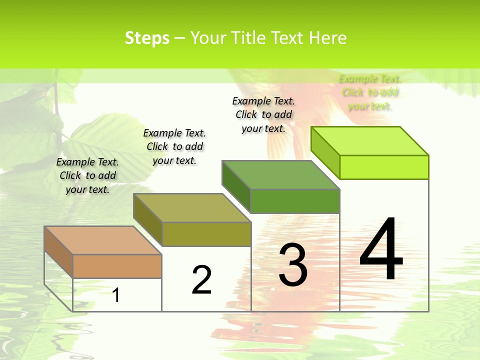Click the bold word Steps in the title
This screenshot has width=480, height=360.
147,38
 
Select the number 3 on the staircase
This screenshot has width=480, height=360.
293,265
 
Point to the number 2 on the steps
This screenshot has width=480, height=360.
201,280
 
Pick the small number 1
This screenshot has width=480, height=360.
116,295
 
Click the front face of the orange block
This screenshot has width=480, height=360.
117,266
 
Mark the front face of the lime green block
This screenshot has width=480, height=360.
384,167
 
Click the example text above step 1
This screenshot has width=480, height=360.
87,175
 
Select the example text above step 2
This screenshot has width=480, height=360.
174,146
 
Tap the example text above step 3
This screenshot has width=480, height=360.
263,114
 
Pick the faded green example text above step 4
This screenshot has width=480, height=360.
370,92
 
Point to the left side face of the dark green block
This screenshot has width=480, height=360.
236,186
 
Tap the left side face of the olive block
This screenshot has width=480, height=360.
147,218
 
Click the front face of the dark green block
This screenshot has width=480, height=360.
295,201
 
